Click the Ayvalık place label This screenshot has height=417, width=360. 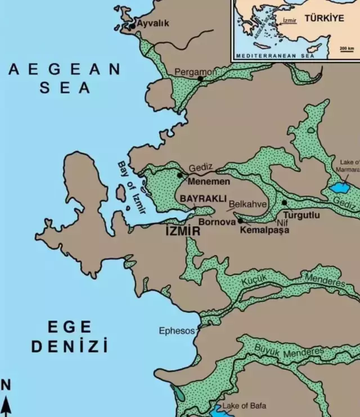[152, 24]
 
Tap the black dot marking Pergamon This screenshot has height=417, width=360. [200, 79]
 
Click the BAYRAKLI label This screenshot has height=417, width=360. [203, 199]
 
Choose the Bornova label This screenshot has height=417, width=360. [215, 223]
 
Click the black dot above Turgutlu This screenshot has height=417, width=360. [285, 202]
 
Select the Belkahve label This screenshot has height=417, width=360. [247, 205]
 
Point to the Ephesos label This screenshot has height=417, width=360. [177, 331]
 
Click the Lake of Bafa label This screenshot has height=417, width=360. [244, 405]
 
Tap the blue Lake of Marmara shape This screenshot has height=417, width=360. [339, 187]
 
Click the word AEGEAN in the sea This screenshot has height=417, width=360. [64, 70]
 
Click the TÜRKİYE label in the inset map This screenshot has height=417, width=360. [324, 19]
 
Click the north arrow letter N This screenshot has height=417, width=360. [6, 385]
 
